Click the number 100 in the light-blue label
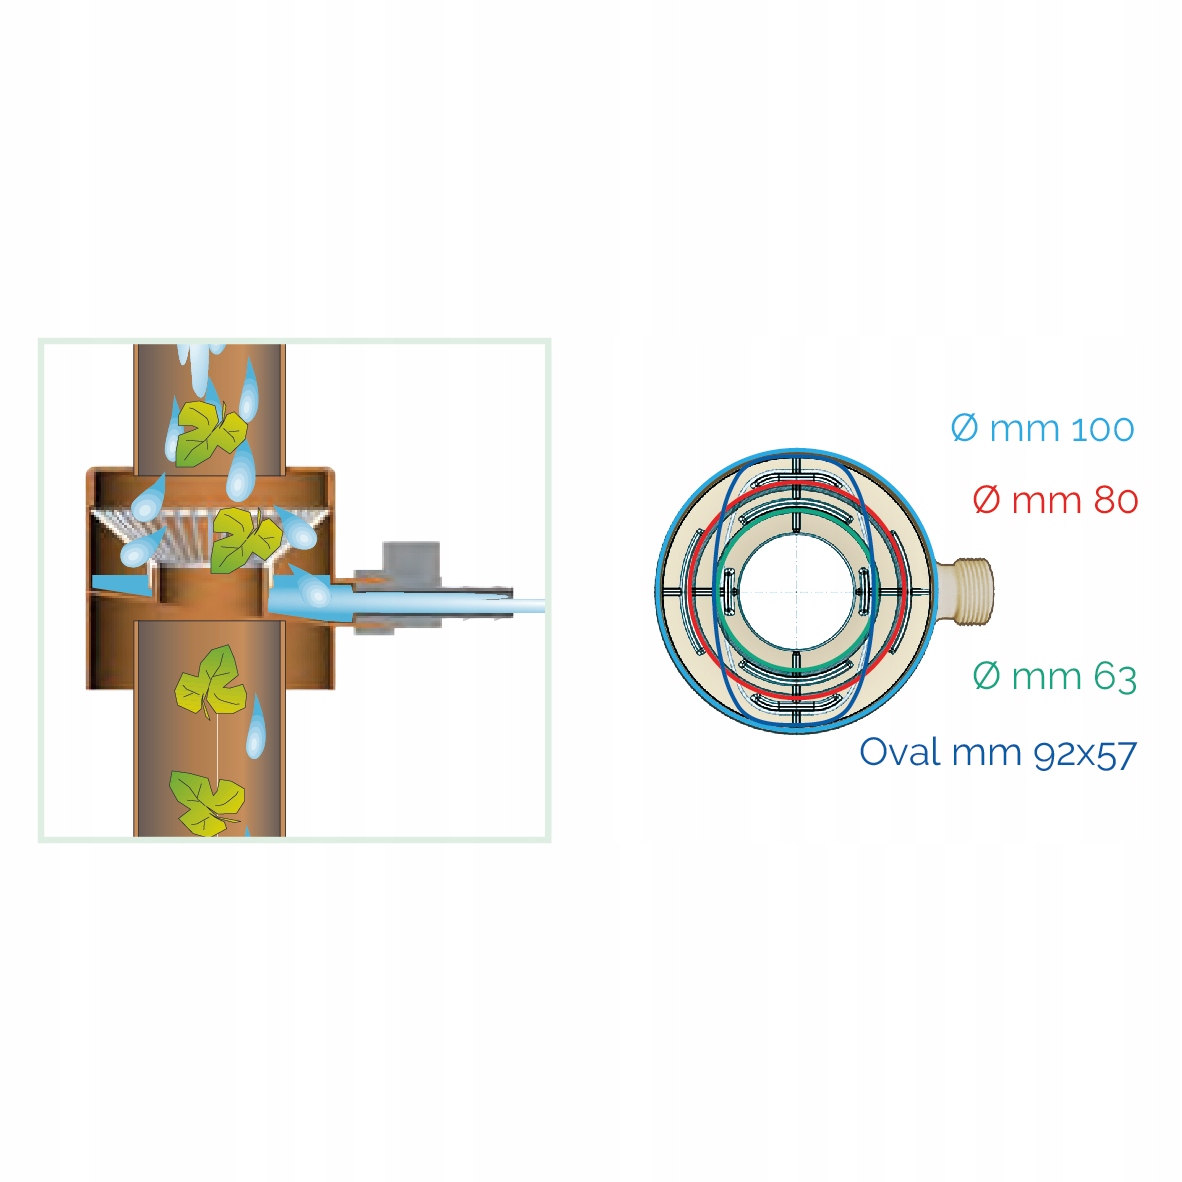click(1102, 429)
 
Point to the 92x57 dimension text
click(1084, 753)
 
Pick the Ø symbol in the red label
click(986, 500)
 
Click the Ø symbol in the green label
click(986, 677)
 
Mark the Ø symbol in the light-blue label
click(964, 429)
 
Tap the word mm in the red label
click(1037, 500)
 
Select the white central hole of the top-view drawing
click(796, 592)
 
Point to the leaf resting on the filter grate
click(243, 539)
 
